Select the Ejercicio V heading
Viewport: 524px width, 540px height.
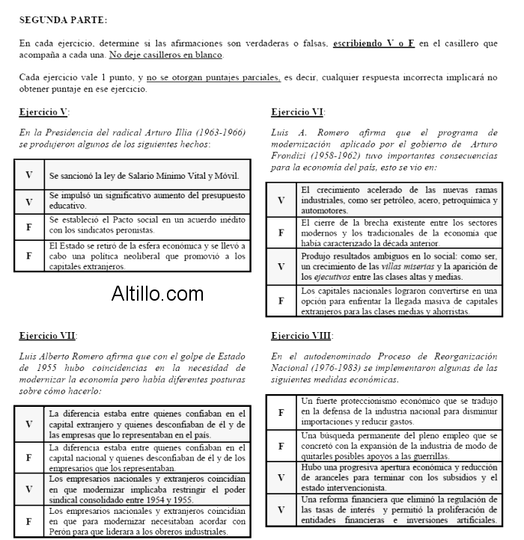click(x=43, y=112)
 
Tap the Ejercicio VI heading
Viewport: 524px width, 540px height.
click(x=297, y=112)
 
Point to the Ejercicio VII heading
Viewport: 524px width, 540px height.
click(x=47, y=336)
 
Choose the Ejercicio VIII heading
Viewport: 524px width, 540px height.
click(x=302, y=336)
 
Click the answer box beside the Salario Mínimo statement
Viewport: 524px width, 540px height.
click(x=29, y=175)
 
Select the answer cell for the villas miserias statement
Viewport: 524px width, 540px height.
click(x=281, y=266)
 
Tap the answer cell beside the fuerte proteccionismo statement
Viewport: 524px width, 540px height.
click(x=281, y=412)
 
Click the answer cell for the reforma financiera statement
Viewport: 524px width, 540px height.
click(x=281, y=509)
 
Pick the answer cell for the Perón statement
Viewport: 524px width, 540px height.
click(x=29, y=521)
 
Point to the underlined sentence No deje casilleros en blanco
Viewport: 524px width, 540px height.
click(x=165, y=55)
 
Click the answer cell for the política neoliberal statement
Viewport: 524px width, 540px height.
click(x=29, y=256)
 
